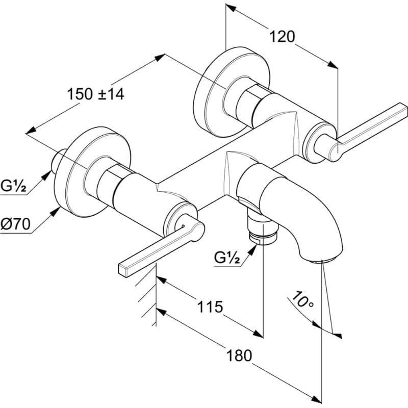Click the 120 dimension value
pyautogui.click(x=282, y=37)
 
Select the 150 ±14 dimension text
pyautogui.click(x=95, y=94)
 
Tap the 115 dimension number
pyautogui.click(x=210, y=307)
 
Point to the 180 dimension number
pyautogui.click(x=239, y=355)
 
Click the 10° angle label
pyautogui.click(x=302, y=299)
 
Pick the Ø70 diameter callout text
pyautogui.click(x=15, y=224)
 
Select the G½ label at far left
pyautogui.click(x=13, y=186)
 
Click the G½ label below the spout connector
pyautogui.click(x=227, y=258)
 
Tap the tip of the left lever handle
pyautogui.click(x=123, y=270)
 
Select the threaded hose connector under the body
pyautogui.click(x=263, y=229)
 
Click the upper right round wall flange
pyautogui.click(x=232, y=92)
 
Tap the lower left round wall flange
pyautogui.click(x=92, y=172)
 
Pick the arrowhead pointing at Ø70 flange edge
pyautogui.click(x=56, y=212)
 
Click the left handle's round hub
pyautogui.click(x=181, y=221)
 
